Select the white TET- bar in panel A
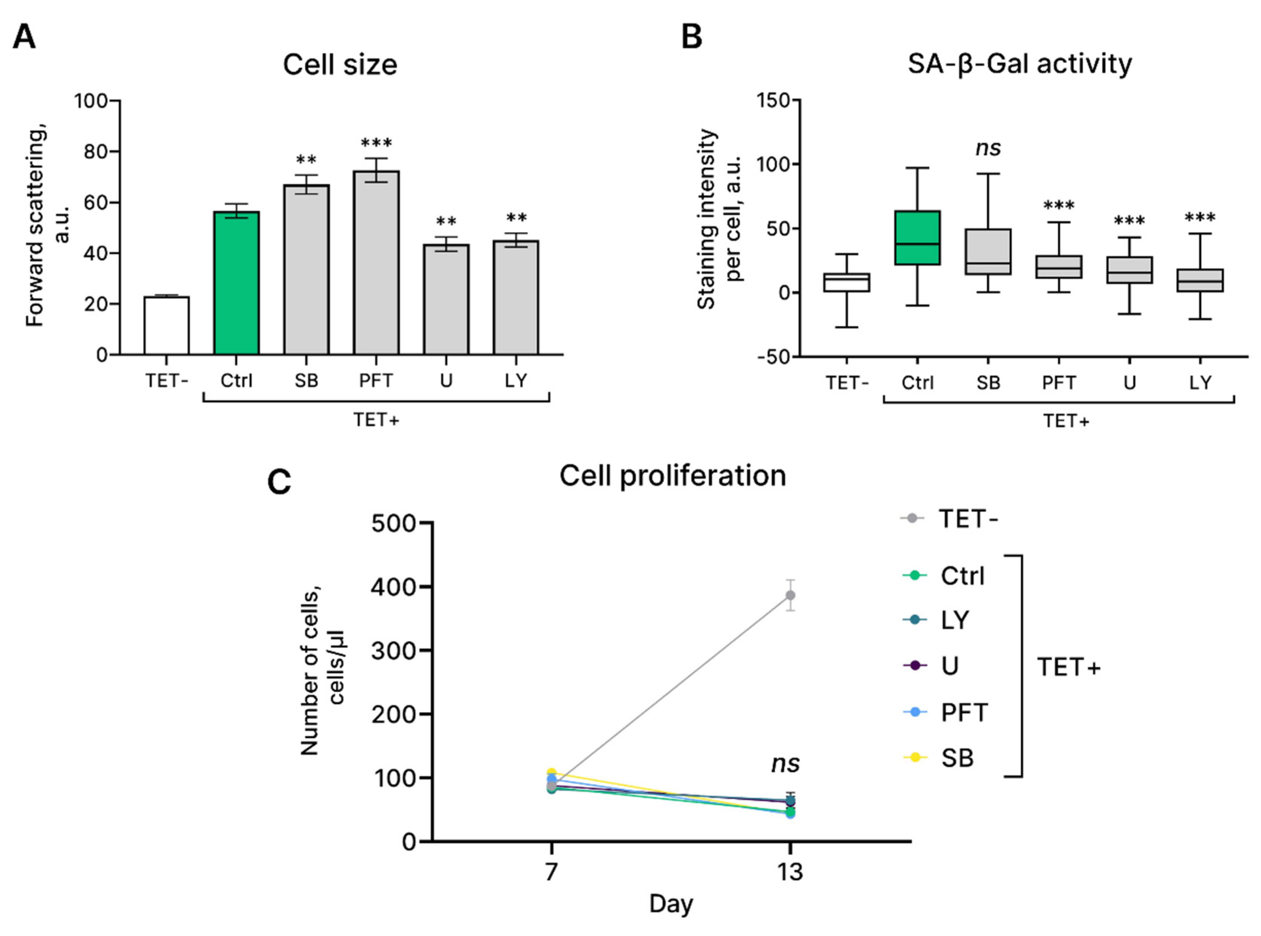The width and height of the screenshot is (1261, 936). (167, 325)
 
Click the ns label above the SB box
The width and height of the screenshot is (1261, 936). (988, 149)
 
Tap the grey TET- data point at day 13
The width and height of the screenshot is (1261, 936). (790, 595)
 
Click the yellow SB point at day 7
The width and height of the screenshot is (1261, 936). (551, 773)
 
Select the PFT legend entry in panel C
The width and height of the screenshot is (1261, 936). (963, 712)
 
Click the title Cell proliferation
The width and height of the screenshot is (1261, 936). (672, 476)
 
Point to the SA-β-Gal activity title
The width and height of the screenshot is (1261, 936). (1019, 63)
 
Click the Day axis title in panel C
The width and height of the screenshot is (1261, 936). (671, 904)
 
